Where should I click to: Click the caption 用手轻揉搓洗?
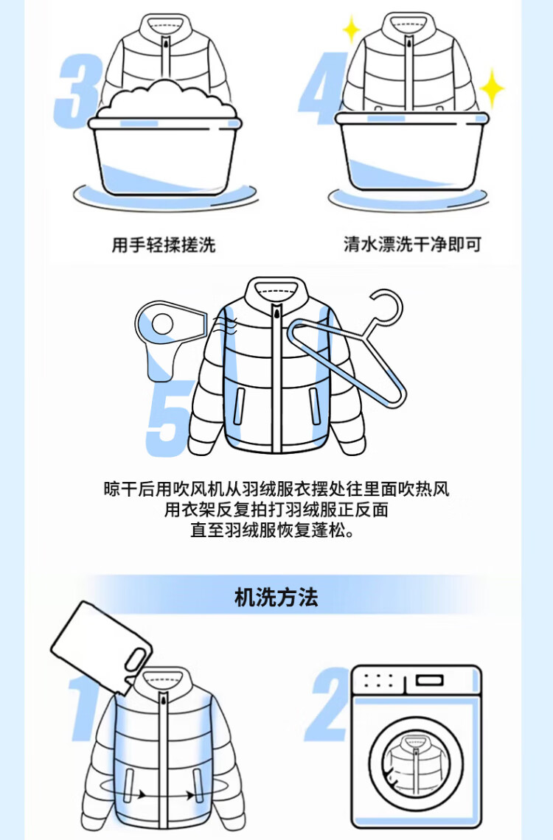[164, 245]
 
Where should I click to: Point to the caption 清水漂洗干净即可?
[412, 245]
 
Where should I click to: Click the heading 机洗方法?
[276, 598]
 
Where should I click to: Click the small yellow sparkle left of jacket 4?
[351, 29]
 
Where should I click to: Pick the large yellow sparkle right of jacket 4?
[491, 88]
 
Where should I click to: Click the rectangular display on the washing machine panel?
[431, 680]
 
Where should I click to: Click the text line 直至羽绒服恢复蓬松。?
[273, 531]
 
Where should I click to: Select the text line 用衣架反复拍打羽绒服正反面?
[276, 509]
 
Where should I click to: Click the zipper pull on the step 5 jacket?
[276, 311]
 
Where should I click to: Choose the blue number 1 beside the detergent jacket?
[86, 707]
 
